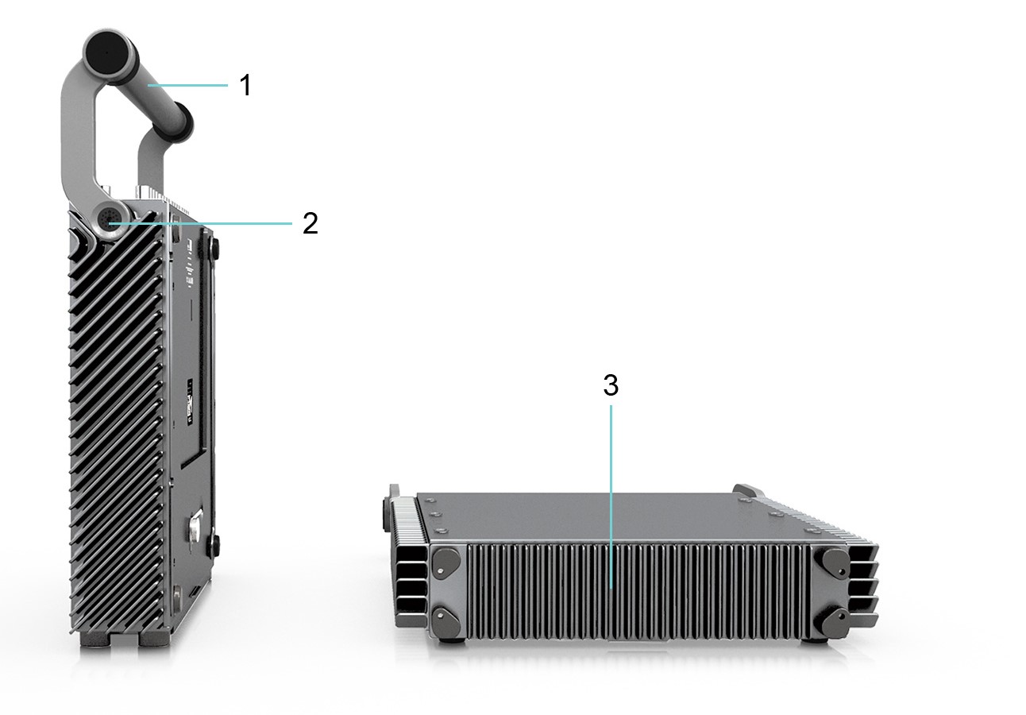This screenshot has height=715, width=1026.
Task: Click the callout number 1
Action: click(x=245, y=85)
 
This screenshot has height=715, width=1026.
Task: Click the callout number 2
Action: click(x=310, y=223)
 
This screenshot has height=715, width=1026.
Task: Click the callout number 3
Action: click(x=610, y=385)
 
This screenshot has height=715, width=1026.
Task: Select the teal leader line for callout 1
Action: click(x=187, y=84)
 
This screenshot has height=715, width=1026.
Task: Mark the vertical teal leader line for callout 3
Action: click(x=611, y=493)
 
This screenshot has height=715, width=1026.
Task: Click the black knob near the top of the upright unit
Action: click(x=213, y=248)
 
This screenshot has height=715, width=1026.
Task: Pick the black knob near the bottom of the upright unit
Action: click(x=213, y=545)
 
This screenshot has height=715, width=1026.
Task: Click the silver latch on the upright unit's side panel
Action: click(x=195, y=528)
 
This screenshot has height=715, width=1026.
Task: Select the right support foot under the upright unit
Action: click(x=152, y=639)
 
